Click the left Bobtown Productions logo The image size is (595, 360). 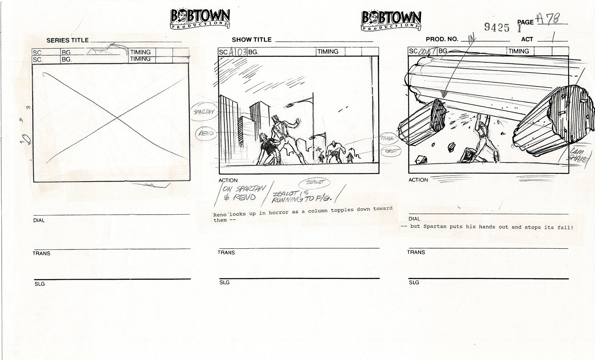point(200,19)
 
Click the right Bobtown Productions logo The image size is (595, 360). point(391,20)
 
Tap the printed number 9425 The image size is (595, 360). point(496,28)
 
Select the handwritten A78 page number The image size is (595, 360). point(548,19)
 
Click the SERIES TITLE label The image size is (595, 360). point(68,40)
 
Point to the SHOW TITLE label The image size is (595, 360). point(252,40)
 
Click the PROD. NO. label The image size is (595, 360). point(442,39)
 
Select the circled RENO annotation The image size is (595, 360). point(206,133)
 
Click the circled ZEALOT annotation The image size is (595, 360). point(314,183)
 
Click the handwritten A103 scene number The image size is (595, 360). point(238,52)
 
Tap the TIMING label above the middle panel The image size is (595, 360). point(328,52)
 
